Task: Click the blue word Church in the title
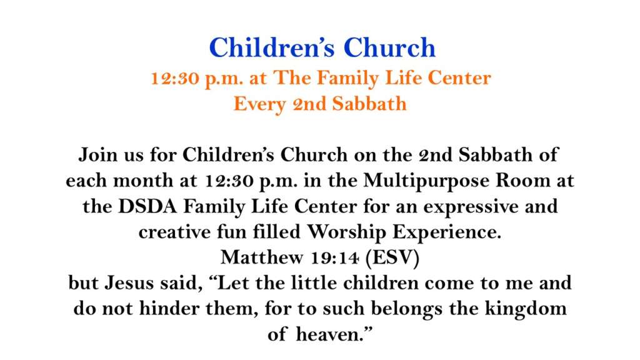390,47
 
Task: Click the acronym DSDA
147,206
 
